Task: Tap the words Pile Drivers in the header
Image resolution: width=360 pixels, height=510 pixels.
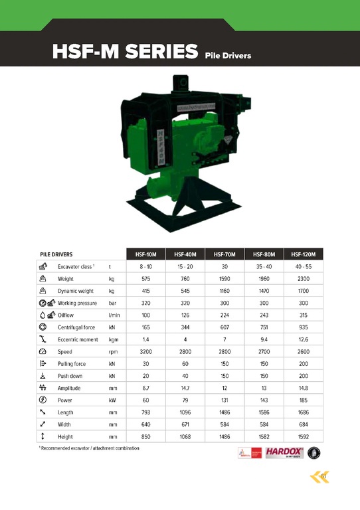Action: pyautogui.click(x=228, y=55)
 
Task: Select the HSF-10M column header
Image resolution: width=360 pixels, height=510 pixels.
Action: pyautogui.click(x=145, y=254)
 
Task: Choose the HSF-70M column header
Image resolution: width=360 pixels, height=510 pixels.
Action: pyautogui.click(x=224, y=254)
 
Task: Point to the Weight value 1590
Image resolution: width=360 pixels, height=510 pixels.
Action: pyautogui.click(x=224, y=279)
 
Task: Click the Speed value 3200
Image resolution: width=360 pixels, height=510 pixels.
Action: pyautogui.click(x=145, y=351)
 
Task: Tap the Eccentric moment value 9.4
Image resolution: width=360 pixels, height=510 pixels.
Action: pyautogui.click(x=264, y=339)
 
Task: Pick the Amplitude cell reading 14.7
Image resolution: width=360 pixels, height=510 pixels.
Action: pyautogui.click(x=184, y=388)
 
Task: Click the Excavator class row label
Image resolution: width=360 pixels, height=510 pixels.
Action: pyautogui.click(x=76, y=266)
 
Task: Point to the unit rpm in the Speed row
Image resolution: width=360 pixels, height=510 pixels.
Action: pyautogui.click(x=113, y=351)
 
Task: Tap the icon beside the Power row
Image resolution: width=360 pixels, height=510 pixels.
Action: pyautogui.click(x=43, y=400)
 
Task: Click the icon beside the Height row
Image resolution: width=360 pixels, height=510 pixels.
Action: pyautogui.click(x=43, y=436)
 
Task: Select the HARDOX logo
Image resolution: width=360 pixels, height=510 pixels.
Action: pyautogui.click(x=284, y=452)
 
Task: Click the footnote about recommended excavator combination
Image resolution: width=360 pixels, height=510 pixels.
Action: pyautogui.click(x=88, y=449)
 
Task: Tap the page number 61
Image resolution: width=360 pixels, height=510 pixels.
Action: pyautogui.click(x=323, y=477)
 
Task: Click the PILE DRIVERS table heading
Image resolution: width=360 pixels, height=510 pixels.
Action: pyautogui.click(x=56, y=254)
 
